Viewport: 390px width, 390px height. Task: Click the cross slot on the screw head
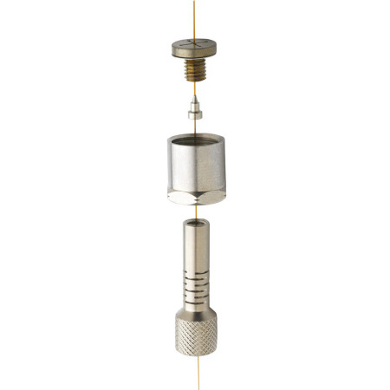pos(194,42)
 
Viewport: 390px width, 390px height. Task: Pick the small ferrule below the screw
pos(196,112)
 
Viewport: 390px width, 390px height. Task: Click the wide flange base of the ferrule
pos(196,118)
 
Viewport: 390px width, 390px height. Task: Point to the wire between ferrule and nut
pos(196,127)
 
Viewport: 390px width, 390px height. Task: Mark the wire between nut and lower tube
pos(196,212)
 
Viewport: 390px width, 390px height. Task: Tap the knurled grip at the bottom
pos(197,338)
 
